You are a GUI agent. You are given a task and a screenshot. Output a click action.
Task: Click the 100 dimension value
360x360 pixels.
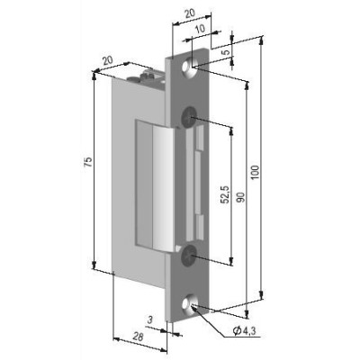click(x=255, y=172)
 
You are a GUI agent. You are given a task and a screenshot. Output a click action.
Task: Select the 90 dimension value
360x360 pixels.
click(x=242, y=198)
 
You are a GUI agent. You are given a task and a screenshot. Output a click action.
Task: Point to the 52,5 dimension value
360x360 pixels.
click(x=225, y=194)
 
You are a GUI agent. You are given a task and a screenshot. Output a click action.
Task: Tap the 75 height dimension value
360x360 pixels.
click(x=88, y=162)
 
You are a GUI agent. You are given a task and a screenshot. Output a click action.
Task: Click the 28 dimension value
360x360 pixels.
click(x=138, y=337)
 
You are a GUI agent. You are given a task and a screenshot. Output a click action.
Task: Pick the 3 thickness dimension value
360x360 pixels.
click(x=151, y=319)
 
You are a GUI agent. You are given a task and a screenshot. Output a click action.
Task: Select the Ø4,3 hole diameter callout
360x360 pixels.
click(x=244, y=331)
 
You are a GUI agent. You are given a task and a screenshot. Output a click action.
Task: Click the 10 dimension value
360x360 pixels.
click(x=200, y=29)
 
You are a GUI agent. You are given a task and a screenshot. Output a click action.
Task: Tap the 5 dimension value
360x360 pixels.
click(x=227, y=51)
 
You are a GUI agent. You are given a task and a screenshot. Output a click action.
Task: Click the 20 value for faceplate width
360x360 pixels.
click(x=190, y=13)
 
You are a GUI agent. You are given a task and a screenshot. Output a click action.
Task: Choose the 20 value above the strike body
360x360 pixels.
click(x=107, y=60)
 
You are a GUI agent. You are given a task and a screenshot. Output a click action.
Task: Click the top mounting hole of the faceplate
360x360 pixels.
click(x=188, y=67)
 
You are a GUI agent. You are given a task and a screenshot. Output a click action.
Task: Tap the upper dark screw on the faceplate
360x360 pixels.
click(x=189, y=116)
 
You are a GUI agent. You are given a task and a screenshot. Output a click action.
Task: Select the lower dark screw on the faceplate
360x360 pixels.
click(x=188, y=256)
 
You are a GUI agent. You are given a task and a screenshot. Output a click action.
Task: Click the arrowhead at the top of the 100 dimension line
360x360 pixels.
click(x=262, y=41)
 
